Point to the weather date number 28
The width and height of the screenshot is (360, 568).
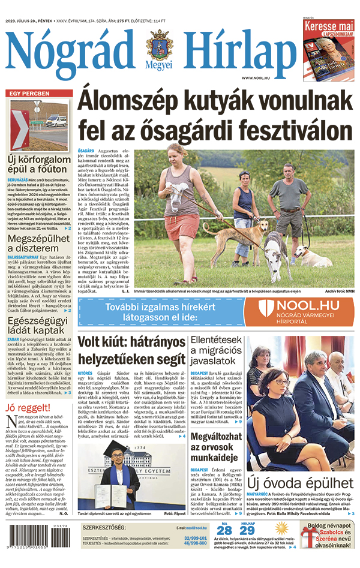(x=224, y=530)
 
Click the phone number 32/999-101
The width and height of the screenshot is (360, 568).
(x=196, y=539)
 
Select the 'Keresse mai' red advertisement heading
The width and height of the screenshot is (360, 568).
(x=328, y=27)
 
